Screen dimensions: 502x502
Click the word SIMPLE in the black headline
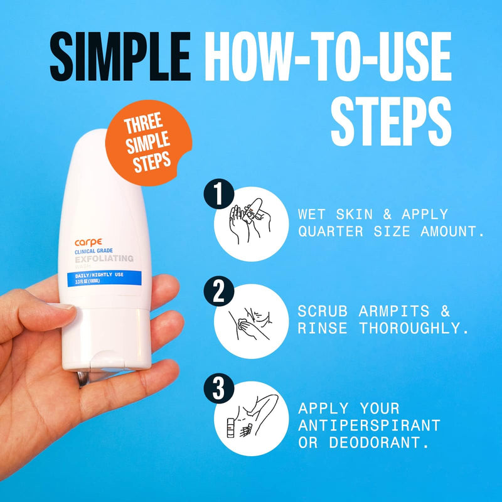pos(119,58)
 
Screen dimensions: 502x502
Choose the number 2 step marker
pos(218,292)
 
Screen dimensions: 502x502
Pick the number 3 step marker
pos(218,390)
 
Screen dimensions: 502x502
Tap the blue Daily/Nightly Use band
pos(100,277)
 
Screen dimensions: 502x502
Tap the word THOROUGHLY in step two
pos(414,328)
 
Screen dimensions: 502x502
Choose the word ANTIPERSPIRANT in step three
pos(369,425)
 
